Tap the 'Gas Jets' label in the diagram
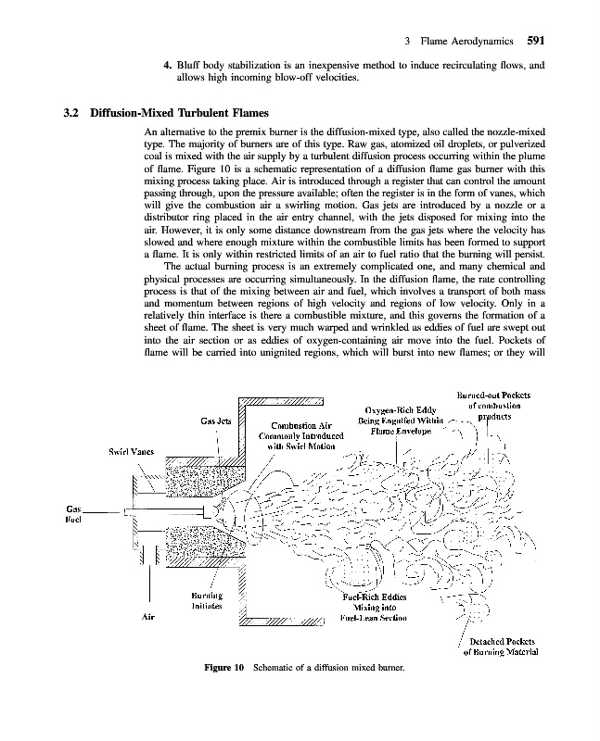[x=215, y=421]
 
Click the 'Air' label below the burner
[x=147, y=618]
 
